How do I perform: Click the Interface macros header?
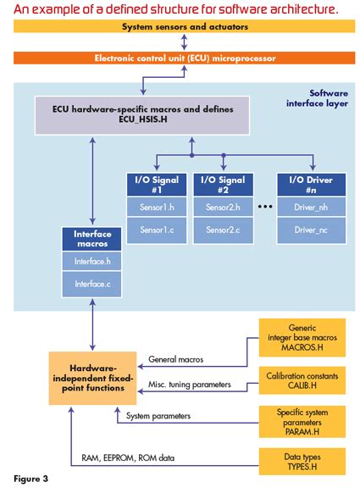coord(92,239)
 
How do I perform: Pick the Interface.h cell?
coord(92,262)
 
